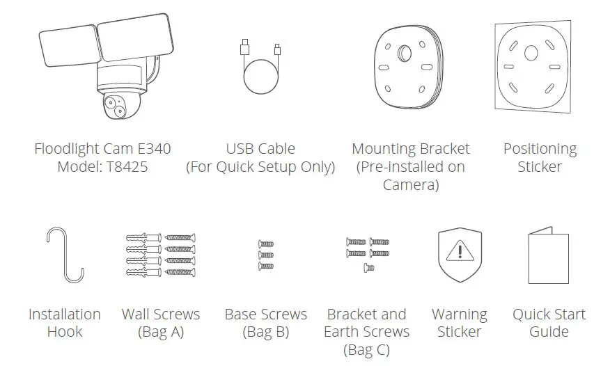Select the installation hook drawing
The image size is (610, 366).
click(x=65, y=255)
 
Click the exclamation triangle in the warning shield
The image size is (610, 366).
click(x=459, y=250)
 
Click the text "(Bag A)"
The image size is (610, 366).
click(x=161, y=332)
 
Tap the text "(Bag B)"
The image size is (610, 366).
click(x=265, y=332)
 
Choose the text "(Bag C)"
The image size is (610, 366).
click(x=366, y=349)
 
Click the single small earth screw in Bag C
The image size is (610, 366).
click(x=370, y=267)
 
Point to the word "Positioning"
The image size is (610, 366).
click(x=540, y=149)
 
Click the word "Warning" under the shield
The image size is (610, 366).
click(x=460, y=315)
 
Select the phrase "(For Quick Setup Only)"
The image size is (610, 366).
click(x=260, y=167)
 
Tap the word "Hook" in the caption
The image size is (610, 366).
click(x=65, y=332)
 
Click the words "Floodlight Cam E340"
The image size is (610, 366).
click(x=102, y=149)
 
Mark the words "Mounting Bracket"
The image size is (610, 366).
click(x=411, y=149)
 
